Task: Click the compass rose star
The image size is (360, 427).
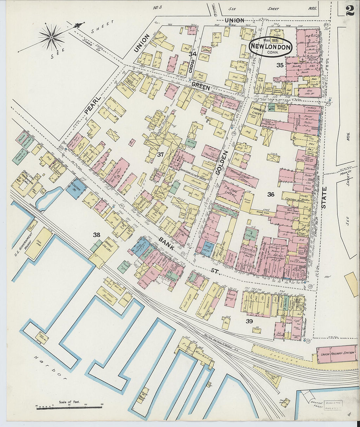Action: [x=51, y=38]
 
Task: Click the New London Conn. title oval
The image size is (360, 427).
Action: [x=271, y=47]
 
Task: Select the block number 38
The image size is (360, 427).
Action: [x=96, y=234]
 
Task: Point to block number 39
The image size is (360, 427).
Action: [x=249, y=321]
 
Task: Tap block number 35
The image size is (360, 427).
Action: [x=279, y=65]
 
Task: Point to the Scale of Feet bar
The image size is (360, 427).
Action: [x=69, y=407]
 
